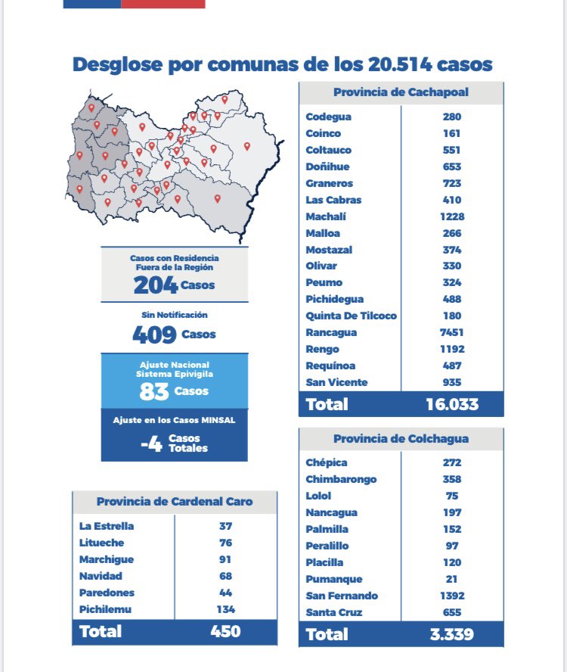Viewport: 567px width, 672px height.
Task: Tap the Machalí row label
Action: [x=326, y=216]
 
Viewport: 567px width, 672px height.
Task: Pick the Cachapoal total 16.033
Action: [x=452, y=403]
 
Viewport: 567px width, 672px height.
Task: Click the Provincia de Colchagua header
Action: [x=401, y=439]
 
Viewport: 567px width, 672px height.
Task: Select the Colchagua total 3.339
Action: [x=452, y=633]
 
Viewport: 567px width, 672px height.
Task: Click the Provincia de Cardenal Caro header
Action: [x=175, y=502]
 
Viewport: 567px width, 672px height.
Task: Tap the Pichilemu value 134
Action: [x=225, y=609]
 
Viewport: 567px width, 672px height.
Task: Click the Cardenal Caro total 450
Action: [x=225, y=630]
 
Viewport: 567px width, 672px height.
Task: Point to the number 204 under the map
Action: [x=156, y=285]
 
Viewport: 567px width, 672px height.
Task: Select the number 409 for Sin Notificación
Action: [x=154, y=334]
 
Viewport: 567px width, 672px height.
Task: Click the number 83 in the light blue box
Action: [x=154, y=391]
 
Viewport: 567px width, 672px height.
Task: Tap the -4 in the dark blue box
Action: [x=152, y=443]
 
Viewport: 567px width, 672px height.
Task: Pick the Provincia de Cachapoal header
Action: [x=401, y=92]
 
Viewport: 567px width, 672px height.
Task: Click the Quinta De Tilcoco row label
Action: [x=351, y=316]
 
